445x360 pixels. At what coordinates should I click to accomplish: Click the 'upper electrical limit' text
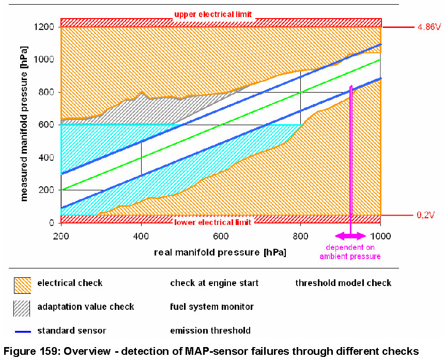(213, 14)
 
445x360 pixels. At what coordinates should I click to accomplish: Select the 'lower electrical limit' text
(213, 222)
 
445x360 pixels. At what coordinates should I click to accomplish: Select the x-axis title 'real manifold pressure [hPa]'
(220, 252)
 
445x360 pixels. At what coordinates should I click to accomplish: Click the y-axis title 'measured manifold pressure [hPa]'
(24, 124)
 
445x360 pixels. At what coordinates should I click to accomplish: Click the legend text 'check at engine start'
(214, 283)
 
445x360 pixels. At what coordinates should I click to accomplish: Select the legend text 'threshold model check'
(343, 283)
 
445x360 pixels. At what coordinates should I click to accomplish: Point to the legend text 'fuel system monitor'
(212, 307)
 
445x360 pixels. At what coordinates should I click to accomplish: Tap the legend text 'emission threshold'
(210, 331)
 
